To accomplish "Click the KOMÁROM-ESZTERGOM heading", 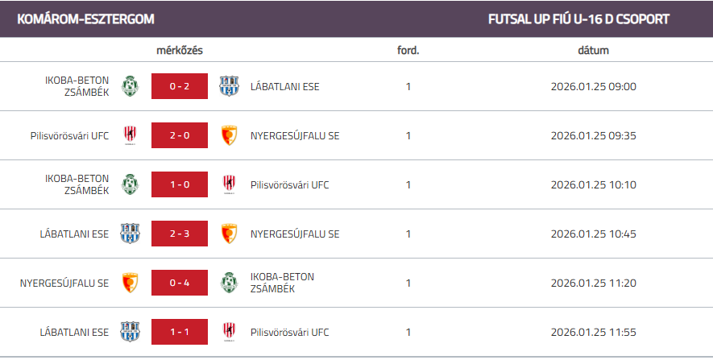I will click(85, 19).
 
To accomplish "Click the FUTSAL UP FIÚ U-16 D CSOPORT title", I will click(578, 19).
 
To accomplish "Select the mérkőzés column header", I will click(179, 50).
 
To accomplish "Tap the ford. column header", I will click(408, 50).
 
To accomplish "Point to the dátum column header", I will click(593, 50).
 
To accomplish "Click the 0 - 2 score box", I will click(180, 86).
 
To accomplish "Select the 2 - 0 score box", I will click(180, 135).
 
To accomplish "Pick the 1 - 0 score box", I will click(180, 184).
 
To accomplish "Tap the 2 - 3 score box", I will click(180, 234).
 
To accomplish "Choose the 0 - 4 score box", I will click(180, 283).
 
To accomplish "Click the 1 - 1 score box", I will click(180, 332).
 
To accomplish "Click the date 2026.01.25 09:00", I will click(593, 86).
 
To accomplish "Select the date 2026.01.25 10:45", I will click(593, 234).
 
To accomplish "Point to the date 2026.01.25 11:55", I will click(593, 332).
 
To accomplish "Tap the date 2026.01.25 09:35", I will click(593, 135).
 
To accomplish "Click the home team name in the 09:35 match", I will click(68, 135).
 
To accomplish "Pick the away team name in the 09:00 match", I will click(284, 86).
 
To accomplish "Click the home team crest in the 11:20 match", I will click(130, 283).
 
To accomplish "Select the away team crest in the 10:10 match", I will click(230, 184).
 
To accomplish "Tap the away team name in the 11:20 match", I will click(282, 283).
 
